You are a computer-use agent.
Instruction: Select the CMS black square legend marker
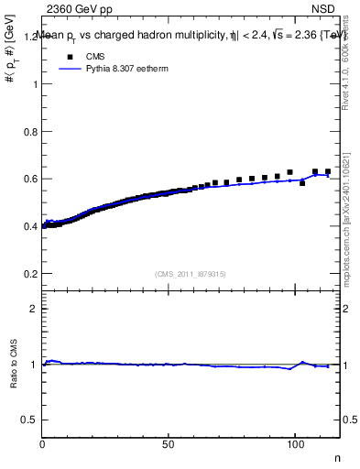pyautogui.click(x=68, y=57)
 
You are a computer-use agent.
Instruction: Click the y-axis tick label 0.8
pyautogui.click(x=30, y=131)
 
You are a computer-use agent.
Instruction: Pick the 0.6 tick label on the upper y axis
pyautogui.click(x=30, y=179)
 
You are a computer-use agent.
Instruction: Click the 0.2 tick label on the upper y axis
pyautogui.click(x=30, y=273)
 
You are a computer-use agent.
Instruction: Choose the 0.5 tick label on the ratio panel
pyautogui.click(x=30, y=419)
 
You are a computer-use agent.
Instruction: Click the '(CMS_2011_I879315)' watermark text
pyautogui.click(x=191, y=274)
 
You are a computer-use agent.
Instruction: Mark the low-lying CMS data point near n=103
pyautogui.click(x=302, y=183)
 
